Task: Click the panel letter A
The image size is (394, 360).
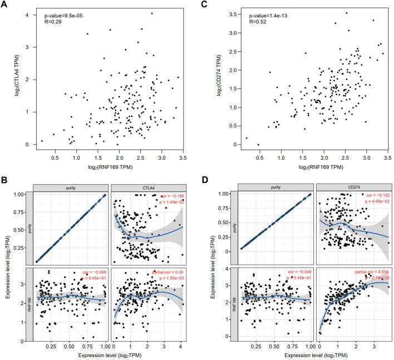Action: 5,5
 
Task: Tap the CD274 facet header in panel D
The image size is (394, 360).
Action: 353,189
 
